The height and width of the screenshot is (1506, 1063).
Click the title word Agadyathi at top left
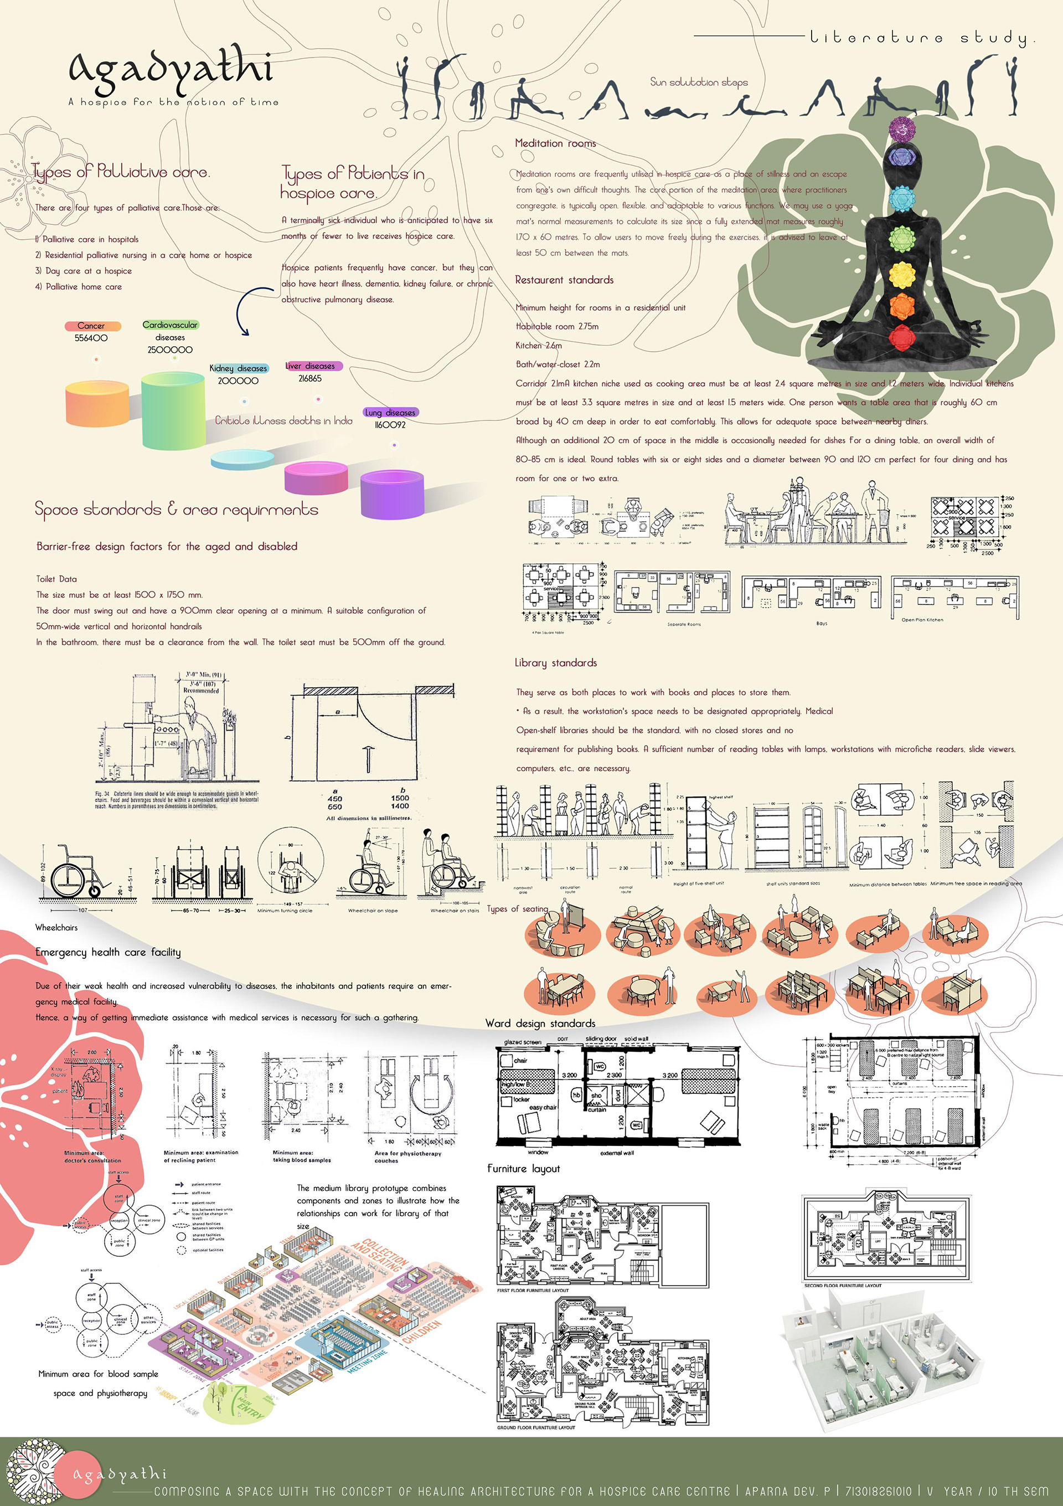point(170,71)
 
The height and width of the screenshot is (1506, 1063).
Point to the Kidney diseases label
point(238,368)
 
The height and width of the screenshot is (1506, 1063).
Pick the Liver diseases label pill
point(313,366)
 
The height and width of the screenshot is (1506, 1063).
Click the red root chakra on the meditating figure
point(902,338)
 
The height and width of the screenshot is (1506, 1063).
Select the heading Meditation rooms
point(555,143)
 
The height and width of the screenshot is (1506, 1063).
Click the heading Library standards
point(555,662)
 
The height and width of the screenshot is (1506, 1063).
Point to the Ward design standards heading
point(540,1023)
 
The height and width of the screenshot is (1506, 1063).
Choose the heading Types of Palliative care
point(121,172)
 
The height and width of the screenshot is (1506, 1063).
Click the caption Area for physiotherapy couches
point(407,1157)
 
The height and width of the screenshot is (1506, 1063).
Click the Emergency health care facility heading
point(108,952)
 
